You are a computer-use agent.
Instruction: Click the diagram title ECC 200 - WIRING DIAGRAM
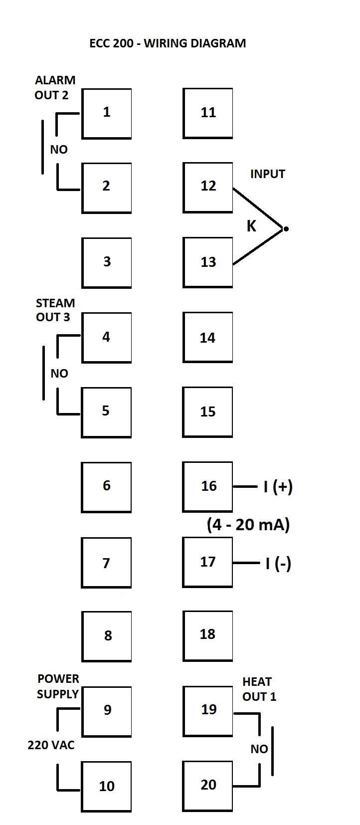(168, 43)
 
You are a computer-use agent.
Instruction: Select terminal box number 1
(106, 113)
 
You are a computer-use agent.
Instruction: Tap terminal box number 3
(106, 262)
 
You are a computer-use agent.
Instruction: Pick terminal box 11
(207, 113)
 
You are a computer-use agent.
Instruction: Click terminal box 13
(207, 262)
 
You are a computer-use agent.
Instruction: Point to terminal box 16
(207, 486)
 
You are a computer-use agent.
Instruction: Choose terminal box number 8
(106, 636)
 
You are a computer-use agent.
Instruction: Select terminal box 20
(207, 786)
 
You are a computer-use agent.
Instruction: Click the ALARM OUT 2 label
(55, 87)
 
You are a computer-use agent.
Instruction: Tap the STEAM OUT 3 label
(55, 310)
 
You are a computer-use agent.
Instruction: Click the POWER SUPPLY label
(58, 686)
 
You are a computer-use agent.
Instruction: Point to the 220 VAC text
(51, 745)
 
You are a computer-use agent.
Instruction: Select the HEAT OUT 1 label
(259, 689)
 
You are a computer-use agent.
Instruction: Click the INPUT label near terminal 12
(267, 174)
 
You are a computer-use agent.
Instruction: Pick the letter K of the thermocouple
(251, 226)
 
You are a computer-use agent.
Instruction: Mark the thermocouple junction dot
(286, 229)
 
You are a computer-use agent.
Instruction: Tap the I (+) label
(278, 486)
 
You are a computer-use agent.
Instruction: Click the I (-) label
(278, 564)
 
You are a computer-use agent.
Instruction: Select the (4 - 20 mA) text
(248, 525)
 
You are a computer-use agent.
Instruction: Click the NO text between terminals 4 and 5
(59, 374)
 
